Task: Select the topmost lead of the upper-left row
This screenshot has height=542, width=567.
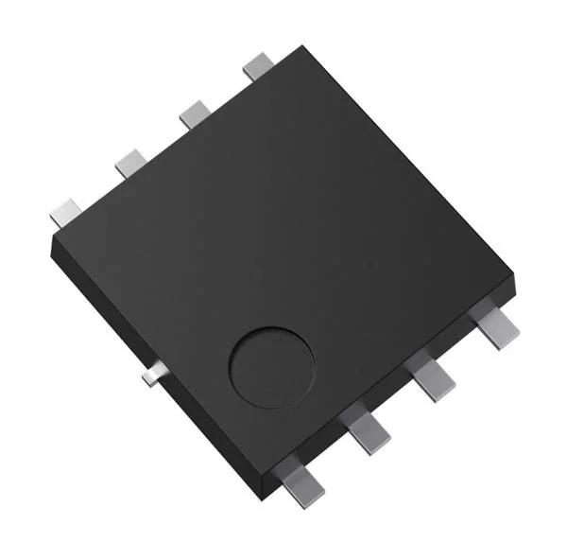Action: tap(257, 66)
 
